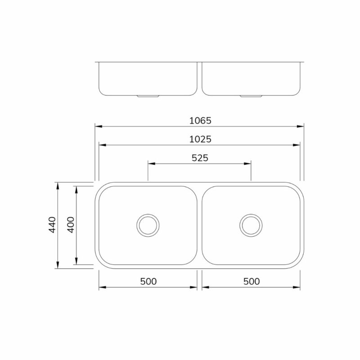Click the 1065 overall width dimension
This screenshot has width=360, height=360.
tap(200, 121)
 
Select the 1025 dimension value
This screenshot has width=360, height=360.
tap(200, 139)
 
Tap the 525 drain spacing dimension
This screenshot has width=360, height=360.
tap(200, 157)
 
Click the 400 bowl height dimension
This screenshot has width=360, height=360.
tap(70, 225)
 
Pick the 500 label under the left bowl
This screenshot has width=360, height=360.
tap(148, 281)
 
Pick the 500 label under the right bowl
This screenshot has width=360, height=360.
tap(251, 281)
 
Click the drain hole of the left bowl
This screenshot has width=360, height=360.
tap(148, 225)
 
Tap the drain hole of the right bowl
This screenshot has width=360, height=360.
tap(251, 225)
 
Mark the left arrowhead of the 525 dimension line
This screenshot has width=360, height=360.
tap(151, 164)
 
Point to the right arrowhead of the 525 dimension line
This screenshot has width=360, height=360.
tap(248, 164)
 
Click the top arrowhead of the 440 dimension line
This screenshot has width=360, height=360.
tap(57, 185)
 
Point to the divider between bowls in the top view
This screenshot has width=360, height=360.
tap(200, 225)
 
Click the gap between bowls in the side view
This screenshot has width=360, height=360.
tap(200, 79)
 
